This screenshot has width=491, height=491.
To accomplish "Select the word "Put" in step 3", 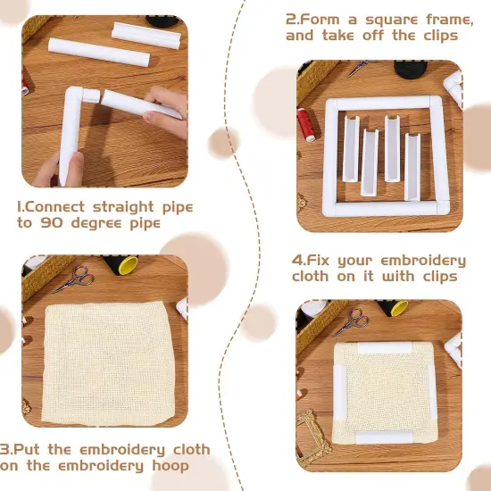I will tap(33, 449).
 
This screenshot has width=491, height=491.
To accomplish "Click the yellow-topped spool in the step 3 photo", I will tap(126, 265).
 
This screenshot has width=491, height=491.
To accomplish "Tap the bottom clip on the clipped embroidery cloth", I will tap(383, 437).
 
